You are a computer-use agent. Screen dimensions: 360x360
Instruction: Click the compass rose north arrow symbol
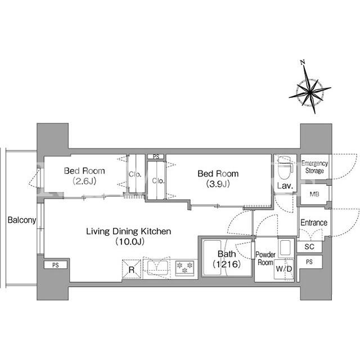310,92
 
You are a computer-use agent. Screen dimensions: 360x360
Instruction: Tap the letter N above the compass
303,62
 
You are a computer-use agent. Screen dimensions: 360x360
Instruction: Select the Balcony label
22,220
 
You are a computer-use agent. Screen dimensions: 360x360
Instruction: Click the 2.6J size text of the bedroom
84,181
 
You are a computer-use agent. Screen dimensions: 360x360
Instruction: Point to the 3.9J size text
218,184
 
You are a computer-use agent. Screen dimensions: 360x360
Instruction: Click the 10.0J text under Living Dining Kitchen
130,241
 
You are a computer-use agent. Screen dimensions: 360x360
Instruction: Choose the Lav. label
285,186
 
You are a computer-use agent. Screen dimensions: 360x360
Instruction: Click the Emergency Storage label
314,167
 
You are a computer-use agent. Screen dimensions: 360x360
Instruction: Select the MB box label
314,194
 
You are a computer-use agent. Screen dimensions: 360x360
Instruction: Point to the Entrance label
314,223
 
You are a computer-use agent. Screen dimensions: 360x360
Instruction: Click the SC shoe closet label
309,247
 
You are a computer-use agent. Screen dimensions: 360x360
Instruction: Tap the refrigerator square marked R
131,269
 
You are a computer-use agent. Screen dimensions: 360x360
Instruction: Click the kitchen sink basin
157,268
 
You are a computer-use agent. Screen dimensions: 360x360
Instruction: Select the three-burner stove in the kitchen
185,268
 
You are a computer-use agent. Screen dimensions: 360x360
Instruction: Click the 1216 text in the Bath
227,264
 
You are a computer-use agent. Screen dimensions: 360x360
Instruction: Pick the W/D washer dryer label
283,269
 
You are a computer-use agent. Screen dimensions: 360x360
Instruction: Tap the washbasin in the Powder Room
285,247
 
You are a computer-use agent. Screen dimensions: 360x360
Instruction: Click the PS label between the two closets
156,157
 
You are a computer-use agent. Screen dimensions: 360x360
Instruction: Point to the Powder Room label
265,258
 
